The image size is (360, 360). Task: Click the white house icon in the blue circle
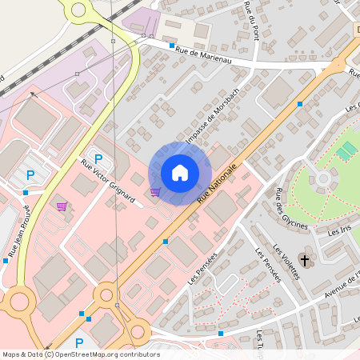click(x=180, y=172)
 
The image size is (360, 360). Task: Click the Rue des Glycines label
click(x=290, y=209)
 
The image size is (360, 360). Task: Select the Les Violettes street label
click(x=286, y=261)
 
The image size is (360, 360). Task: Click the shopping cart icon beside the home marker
click(x=155, y=191)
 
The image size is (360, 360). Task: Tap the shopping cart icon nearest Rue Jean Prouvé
click(x=62, y=206)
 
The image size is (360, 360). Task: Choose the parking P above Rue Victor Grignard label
click(x=98, y=158)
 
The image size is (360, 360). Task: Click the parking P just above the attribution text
click(x=79, y=343)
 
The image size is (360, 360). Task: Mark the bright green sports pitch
click(x=347, y=151)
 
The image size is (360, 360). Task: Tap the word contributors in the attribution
click(x=134, y=354)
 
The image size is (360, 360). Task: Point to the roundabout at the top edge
click(x=78, y=10)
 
